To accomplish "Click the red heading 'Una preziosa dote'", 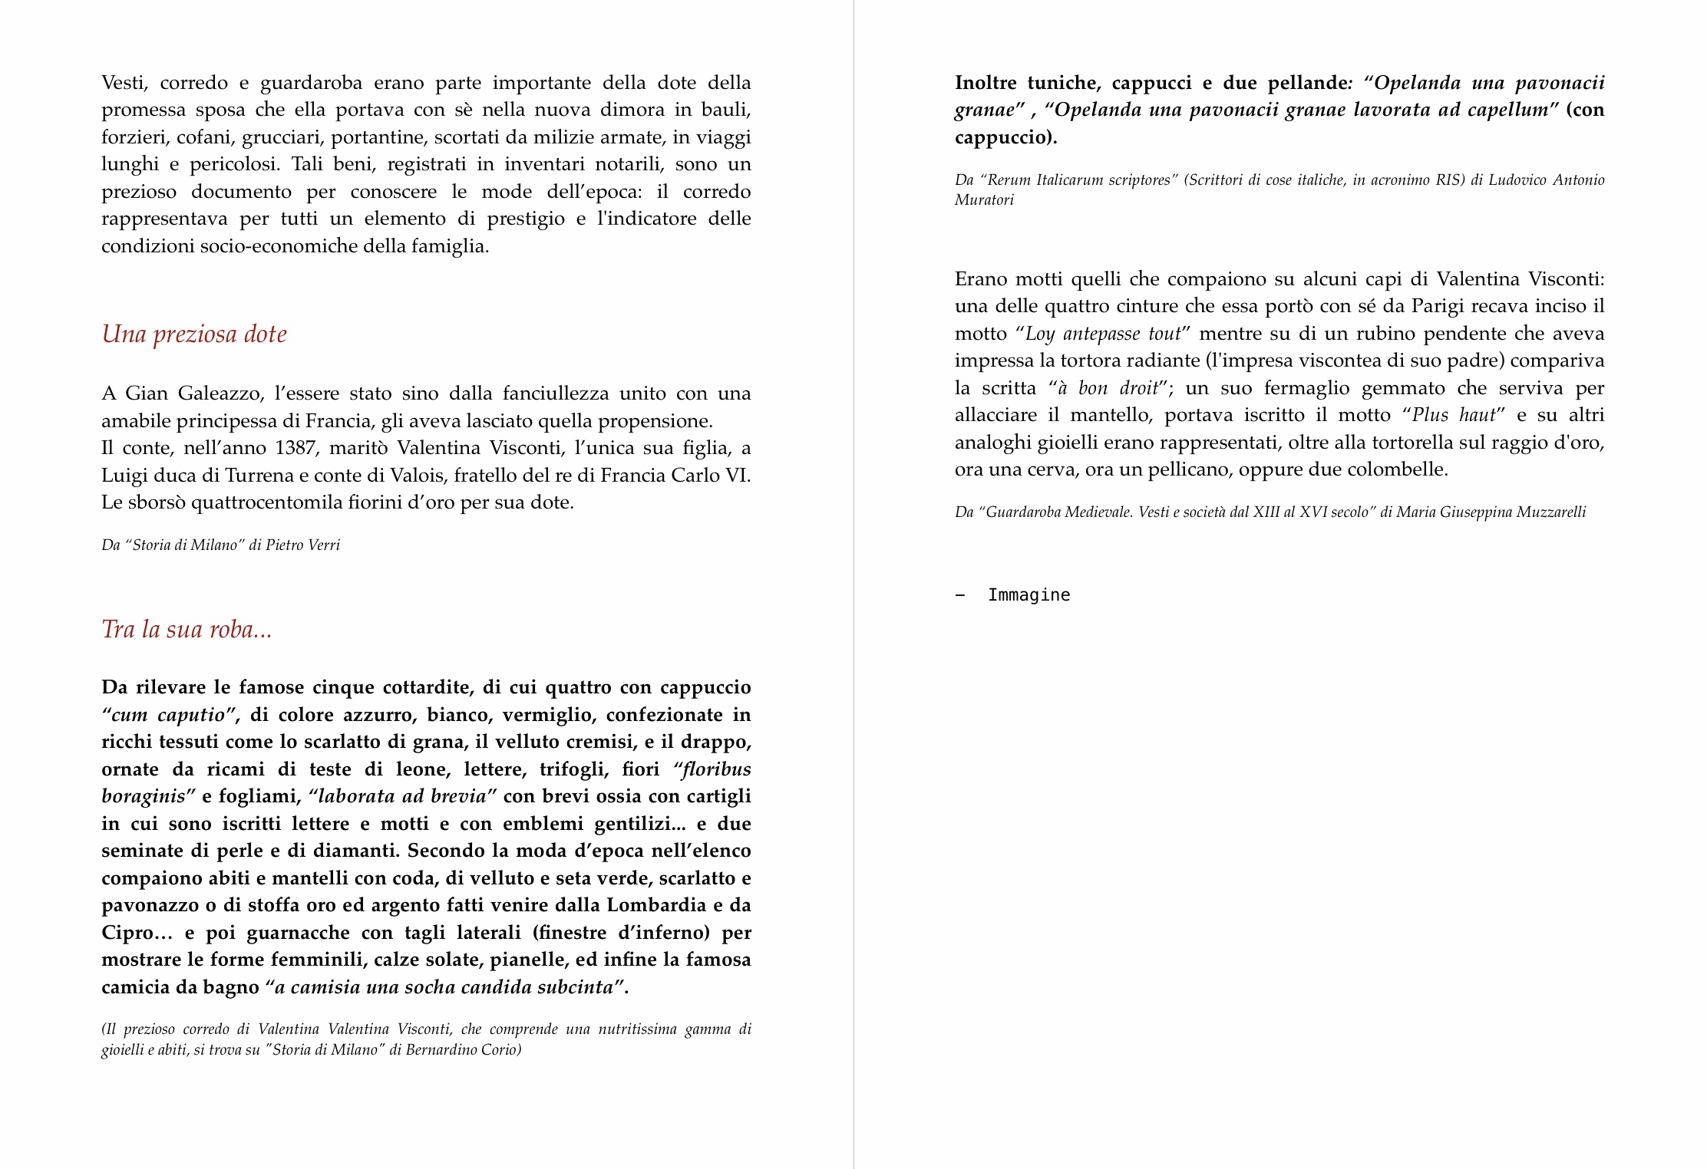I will [194, 334].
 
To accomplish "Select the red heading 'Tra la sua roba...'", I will [187, 630].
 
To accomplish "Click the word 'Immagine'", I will [1028, 595].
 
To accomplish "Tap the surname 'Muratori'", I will [984, 200].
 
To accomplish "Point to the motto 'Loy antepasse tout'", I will [1102, 334].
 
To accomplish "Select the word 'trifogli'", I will [574, 769].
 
